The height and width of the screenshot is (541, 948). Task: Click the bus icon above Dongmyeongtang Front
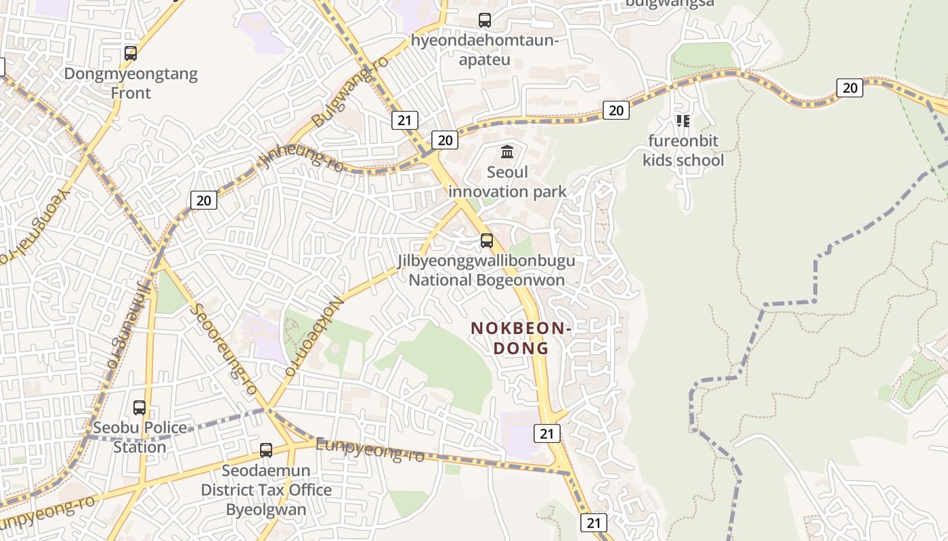pyautogui.click(x=131, y=53)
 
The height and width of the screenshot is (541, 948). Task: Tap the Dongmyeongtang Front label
pyautogui.click(x=131, y=83)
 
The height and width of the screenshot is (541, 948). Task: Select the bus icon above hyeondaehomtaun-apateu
pyautogui.click(x=485, y=20)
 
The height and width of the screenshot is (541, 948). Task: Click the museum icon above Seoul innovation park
pyautogui.click(x=507, y=151)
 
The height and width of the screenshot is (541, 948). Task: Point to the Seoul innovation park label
pyautogui.click(x=507, y=182)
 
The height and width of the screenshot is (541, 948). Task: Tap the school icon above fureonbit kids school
pyautogui.click(x=683, y=121)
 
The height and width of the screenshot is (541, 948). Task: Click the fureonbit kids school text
pyautogui.click(x=683, y=151)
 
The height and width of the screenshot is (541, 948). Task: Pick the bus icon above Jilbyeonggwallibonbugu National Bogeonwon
pyautogui.click(x=486, y=240)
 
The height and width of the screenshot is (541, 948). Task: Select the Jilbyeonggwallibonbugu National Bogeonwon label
pyautogui.click(x=486, y=270)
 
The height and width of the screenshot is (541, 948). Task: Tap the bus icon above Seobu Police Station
pyautogui.click(x=139, y=408)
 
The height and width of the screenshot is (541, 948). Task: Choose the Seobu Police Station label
pyautogui.click(x=139, y=438)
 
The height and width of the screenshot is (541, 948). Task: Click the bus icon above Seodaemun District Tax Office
pyautogui.click(x=266, y=450)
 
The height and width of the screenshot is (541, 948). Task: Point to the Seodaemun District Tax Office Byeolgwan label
pyautogui.click(x=266, y=490)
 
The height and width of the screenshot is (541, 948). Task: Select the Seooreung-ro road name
pyautogui.click(x=224, y=349)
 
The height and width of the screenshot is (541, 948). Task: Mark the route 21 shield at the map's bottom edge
pyautogui.click(x=594, y=523)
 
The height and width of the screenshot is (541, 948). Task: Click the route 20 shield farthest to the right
pyautogui.click(x=850, y=88)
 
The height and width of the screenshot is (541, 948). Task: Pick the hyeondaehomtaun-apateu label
pyautogui.click(x=485, y=51)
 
